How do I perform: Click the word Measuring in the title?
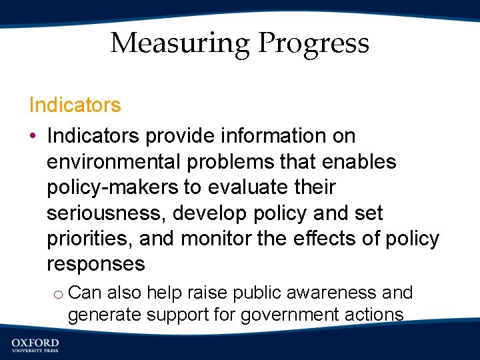pos(179,44)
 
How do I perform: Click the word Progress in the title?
pos(313,44)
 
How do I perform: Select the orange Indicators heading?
pos(75,105)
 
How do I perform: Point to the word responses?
pos(95,264)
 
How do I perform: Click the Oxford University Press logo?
pos(35,344)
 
